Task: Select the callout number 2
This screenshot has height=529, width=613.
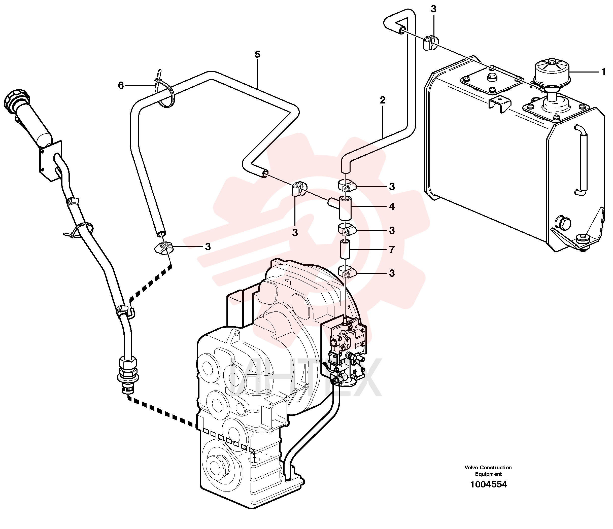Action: pos(383,100)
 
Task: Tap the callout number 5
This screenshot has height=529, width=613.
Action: pos(257,54)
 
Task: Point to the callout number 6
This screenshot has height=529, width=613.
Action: pos(121,85)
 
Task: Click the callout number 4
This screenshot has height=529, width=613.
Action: pos(392,206)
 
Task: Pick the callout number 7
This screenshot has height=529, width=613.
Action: pos(392,250)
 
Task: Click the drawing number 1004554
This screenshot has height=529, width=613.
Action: pos(488,484)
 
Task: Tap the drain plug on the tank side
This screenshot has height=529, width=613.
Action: pos(562,222)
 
